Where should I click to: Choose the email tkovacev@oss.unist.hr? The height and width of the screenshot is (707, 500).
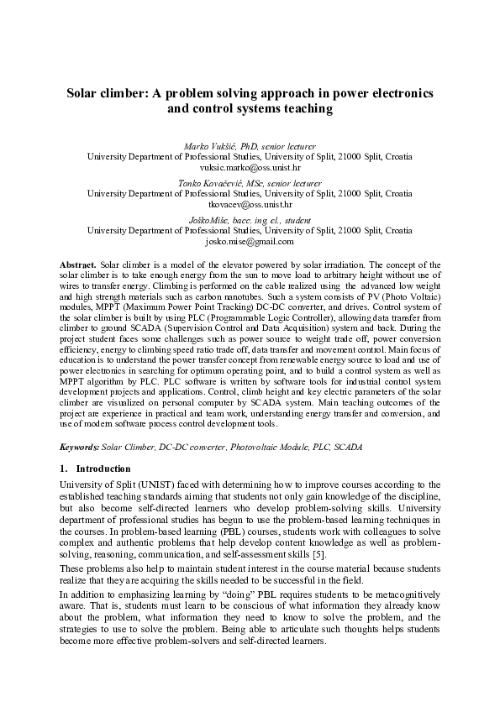coord(250,204)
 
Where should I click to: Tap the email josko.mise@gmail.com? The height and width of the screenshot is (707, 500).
coord(250,240)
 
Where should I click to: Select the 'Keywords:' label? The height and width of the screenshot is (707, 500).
coord(82,448)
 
